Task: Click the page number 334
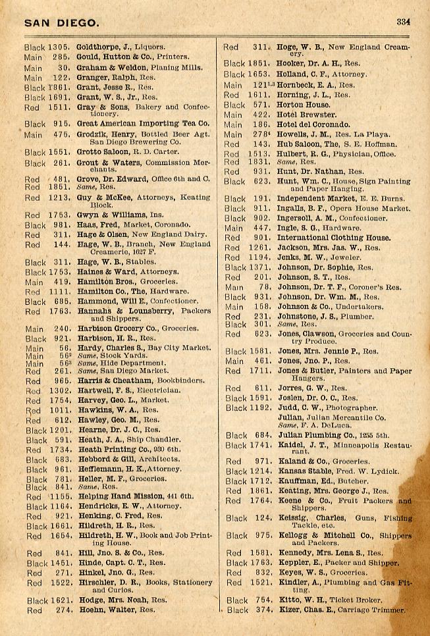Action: tap(404, 20)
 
